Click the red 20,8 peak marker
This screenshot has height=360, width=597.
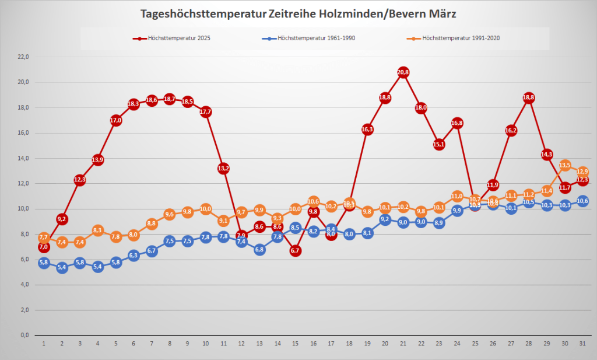tap(403, 72)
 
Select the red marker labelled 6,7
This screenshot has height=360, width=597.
tap(295, 250)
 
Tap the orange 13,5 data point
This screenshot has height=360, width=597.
tap(565, 165)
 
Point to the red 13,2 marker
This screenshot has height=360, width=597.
tap(223, 168)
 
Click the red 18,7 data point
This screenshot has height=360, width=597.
tap(170, 99)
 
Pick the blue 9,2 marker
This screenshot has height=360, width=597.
tap(385, 219)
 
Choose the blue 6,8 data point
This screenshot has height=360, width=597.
tap(259, 250)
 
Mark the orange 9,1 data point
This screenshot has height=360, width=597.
tap(223, 221)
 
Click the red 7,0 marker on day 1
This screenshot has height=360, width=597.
tap(44, 247)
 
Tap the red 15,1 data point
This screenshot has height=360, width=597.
tap(439, 144)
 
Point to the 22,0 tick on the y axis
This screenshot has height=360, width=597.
tap(23, 57)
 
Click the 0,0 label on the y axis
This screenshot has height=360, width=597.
tap(25, 335)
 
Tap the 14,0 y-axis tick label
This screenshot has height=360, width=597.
tap(23, 158)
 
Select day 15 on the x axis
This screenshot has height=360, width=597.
tap(295, 344)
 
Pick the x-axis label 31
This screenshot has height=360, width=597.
tap(582, 344)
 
